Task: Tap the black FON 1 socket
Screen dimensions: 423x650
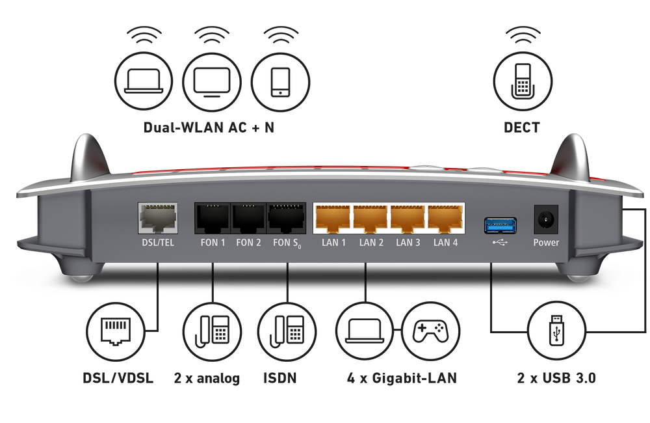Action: click(213, 219)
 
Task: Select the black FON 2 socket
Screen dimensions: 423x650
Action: click(249, 219)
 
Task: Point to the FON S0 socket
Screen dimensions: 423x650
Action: click(286, 219)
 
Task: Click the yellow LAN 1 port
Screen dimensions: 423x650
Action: click(332, 219)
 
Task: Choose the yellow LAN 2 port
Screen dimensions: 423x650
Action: click(370, 219)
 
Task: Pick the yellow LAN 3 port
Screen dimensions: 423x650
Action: click(408, 219)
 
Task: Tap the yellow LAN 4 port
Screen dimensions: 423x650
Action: click(445, 219)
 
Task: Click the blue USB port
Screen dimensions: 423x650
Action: click(500, 225)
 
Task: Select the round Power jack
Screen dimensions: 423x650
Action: click(545, 220)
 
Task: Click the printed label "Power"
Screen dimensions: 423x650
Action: click(546, 243)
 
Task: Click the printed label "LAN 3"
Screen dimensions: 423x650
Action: click(408, 243)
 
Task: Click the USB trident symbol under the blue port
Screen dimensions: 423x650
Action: click(500, 243)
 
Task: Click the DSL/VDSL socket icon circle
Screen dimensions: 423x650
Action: click(118, 331)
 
